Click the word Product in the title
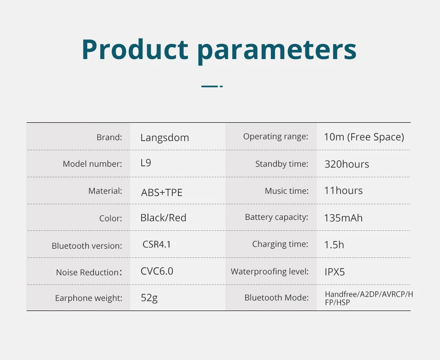pos(135,49)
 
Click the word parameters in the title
pos(277,52)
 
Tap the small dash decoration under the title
pos(212,87)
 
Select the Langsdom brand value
pos(165,138)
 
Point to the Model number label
pos(92,164)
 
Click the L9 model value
pos(146,163)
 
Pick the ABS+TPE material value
pos(162,193)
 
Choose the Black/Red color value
pos(163,218)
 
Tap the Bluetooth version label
pos(87,245)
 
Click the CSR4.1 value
pos(157,244)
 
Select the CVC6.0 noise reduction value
pos(157,271)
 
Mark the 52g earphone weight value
pos(149,298)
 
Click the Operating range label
pos(275,136)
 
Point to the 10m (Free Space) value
pos(364,137)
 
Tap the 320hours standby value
pos(347,164)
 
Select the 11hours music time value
pos(343,191)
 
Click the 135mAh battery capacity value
pos(343,218)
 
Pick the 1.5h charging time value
pos(334,245)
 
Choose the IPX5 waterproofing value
pos(335,272)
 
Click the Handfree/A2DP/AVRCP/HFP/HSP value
pos(368,298)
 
